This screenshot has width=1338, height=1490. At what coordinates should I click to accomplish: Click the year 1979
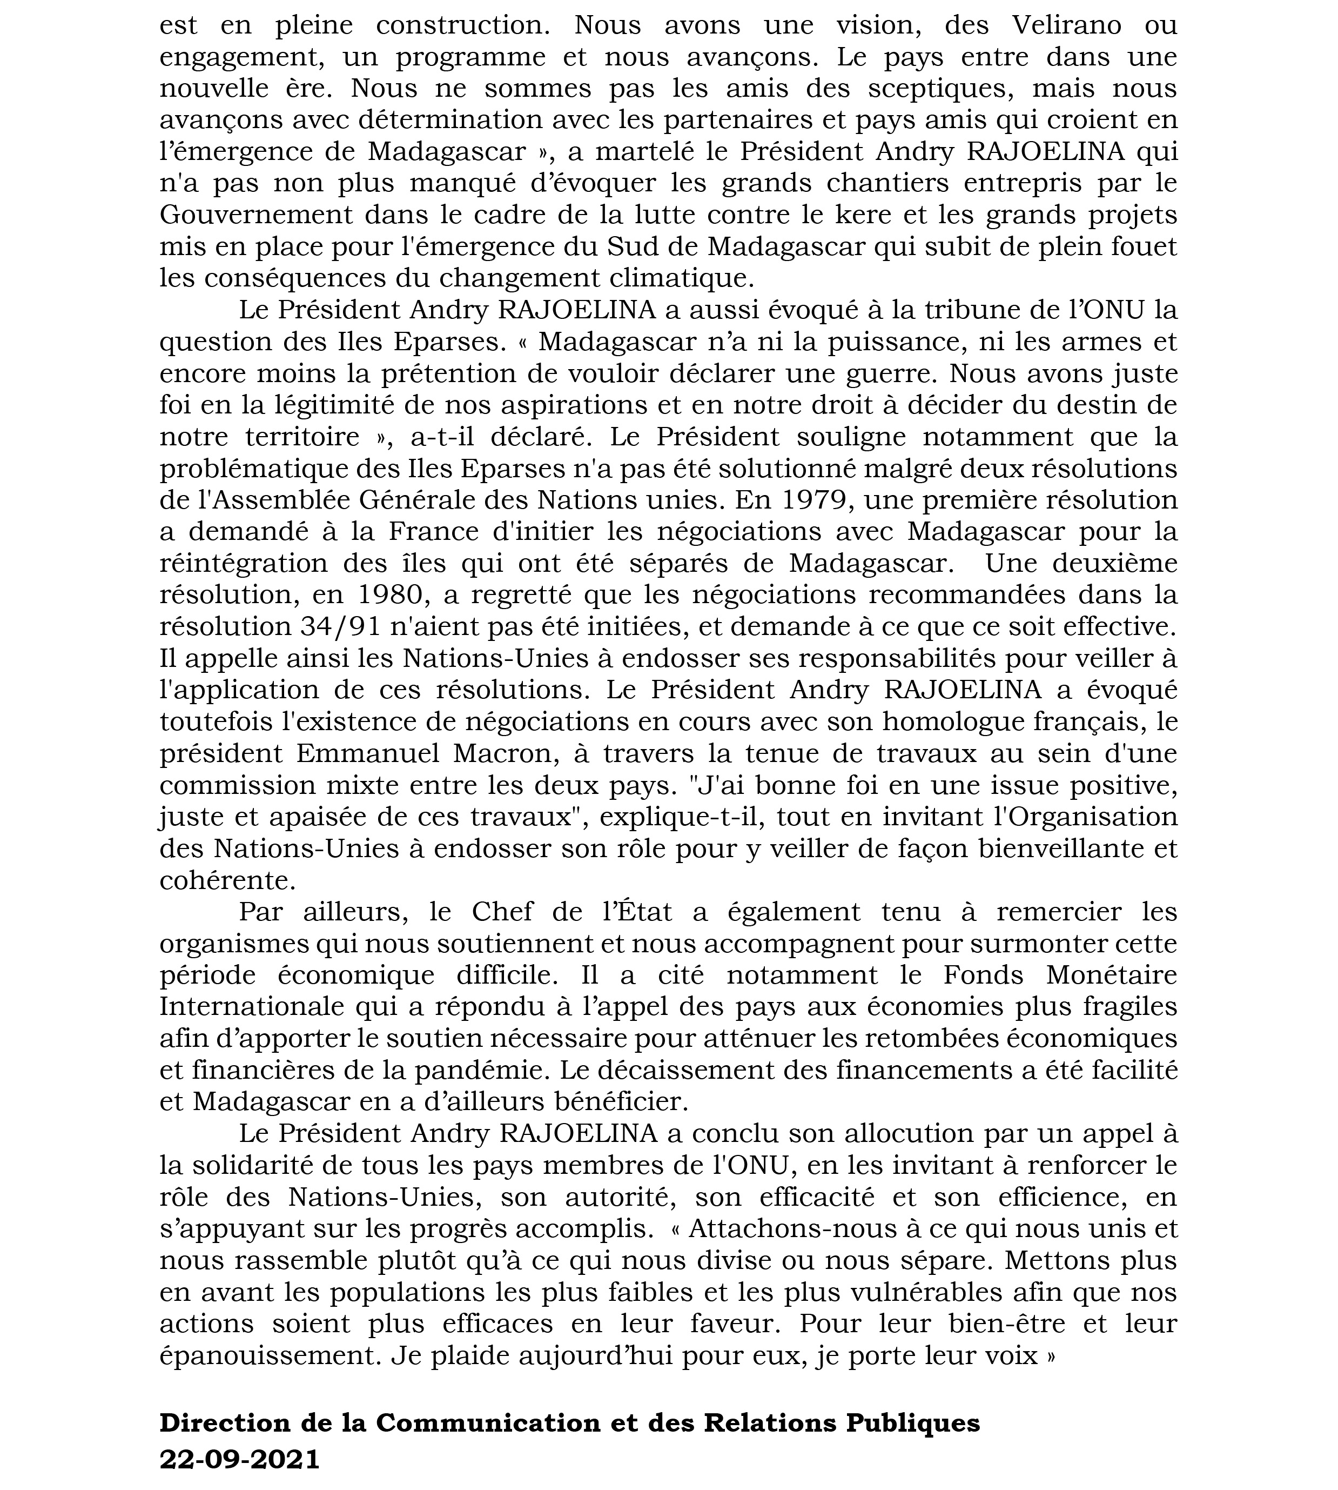point(815,499)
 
